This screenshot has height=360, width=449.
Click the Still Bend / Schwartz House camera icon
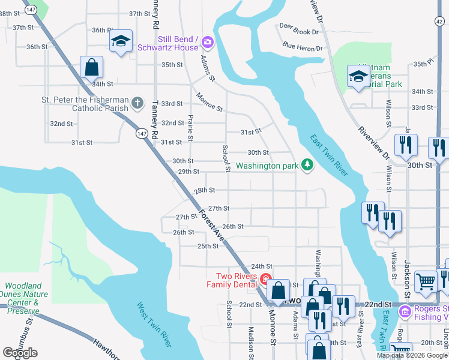point(208,41)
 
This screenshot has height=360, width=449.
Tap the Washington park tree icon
point(307,164)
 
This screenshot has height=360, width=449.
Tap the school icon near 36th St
point(121,41)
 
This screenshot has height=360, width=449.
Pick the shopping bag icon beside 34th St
point(91,67)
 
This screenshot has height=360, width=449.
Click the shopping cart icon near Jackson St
point(426,281)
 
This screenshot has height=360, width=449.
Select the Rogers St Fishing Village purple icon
point(405,311)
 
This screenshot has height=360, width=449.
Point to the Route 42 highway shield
point(441,20)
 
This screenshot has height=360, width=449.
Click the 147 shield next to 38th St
point(31,10)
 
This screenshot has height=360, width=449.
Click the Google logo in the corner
point(20,353)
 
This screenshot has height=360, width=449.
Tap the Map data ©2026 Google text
point(411,355)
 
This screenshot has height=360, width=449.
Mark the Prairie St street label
point(190,128)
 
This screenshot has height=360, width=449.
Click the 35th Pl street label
point(423,63)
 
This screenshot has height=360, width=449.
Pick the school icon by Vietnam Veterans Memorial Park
point(358,76)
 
